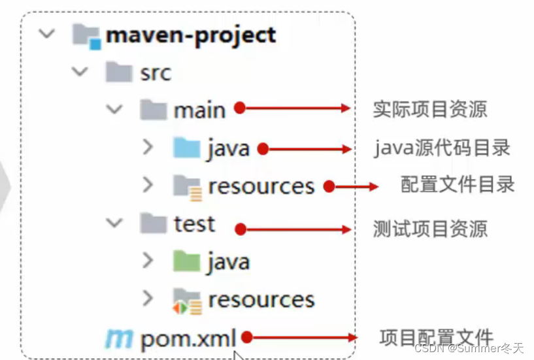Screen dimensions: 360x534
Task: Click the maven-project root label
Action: pos(191,35)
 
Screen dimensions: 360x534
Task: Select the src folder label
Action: pos(156,73)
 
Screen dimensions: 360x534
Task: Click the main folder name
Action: pos(199,110)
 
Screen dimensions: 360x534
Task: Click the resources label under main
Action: pos(261,187)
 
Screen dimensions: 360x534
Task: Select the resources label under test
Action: pos(261,300)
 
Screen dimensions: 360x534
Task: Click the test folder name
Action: pos(194,224)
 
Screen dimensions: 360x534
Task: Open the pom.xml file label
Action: pos(188,338)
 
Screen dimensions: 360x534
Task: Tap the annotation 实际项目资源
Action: pos(429,109)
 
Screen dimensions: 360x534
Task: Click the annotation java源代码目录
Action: pos(442,148)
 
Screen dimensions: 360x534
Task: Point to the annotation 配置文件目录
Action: pos(458,185)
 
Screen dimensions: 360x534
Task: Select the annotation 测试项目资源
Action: pos(429,229)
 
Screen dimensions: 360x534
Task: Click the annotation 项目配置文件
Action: pos(436,337)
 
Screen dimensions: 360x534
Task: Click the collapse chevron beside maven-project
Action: pos(47,34)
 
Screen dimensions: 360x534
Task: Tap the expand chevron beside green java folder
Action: pos(148,261)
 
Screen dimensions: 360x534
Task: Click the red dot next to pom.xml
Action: pos(247,338)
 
